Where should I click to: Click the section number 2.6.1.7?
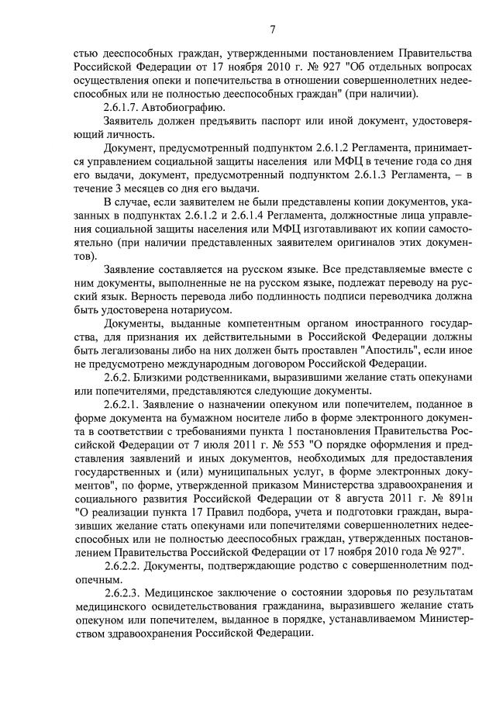126,108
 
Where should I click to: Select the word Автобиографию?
188,108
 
